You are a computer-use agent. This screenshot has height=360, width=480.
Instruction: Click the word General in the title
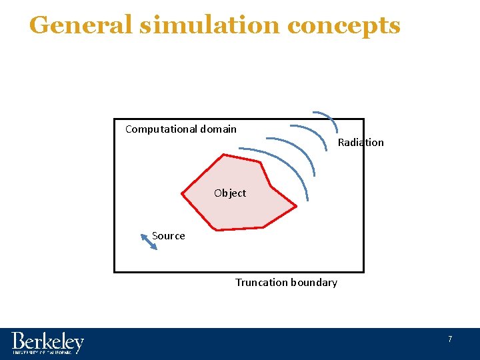click(x=81, y=25)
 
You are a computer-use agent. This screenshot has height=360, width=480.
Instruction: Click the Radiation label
click(x=361, y=142)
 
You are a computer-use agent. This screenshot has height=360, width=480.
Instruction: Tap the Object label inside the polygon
click(x=230, y=193)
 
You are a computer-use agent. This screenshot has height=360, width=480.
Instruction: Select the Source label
click(x=169, y=236)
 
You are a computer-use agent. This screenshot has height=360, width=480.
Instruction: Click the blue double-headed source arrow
click(x=149, y=241)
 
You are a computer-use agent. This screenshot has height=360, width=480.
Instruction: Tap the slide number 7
click(x=450, y=339)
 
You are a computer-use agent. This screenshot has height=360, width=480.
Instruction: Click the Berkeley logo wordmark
click(x=47, y=341)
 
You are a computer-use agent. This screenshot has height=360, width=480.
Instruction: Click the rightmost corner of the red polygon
click(x=297, y=205)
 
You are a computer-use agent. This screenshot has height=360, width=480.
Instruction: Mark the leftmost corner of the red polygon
click(x=182, y=193)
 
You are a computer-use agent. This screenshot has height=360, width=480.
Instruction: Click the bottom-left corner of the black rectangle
click(x=115, y=271)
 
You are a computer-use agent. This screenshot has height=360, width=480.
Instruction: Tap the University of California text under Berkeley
click(x=41, y=352)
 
